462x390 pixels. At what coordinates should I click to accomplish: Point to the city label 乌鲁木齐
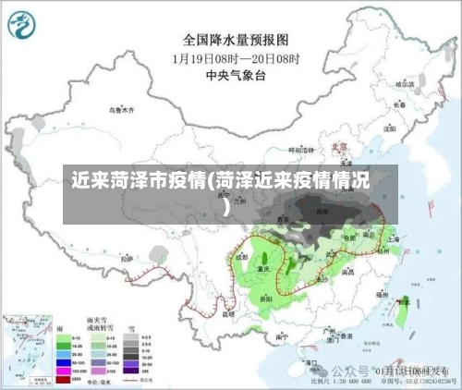[x=121, y=110]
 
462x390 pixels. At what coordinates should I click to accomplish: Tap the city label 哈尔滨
[x=404, y=84]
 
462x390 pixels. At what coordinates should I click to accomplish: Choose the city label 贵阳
[x=266, y=299]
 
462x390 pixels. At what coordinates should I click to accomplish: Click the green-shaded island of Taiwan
[x=400, y=311]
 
